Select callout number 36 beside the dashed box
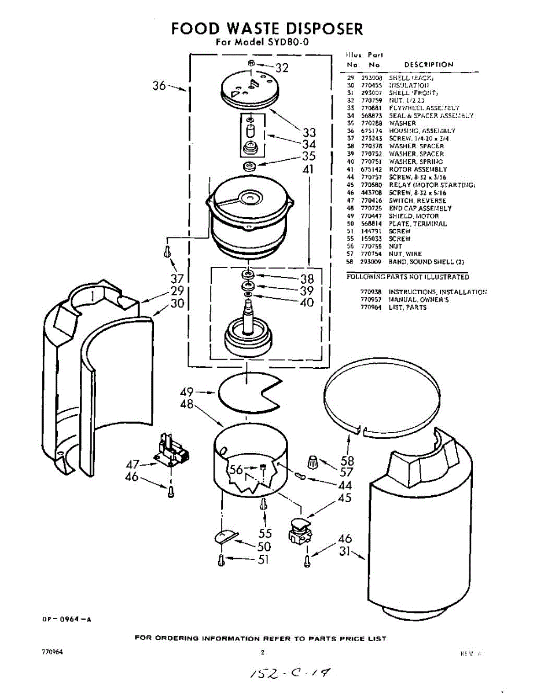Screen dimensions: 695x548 159,86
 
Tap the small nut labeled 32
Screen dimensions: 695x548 251,63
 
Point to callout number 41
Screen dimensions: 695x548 308,170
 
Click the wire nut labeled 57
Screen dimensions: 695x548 312,463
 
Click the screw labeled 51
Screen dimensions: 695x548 220,559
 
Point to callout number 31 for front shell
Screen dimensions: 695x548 345,552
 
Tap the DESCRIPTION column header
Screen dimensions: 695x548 428,65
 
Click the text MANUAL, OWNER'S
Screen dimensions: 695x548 418,299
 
